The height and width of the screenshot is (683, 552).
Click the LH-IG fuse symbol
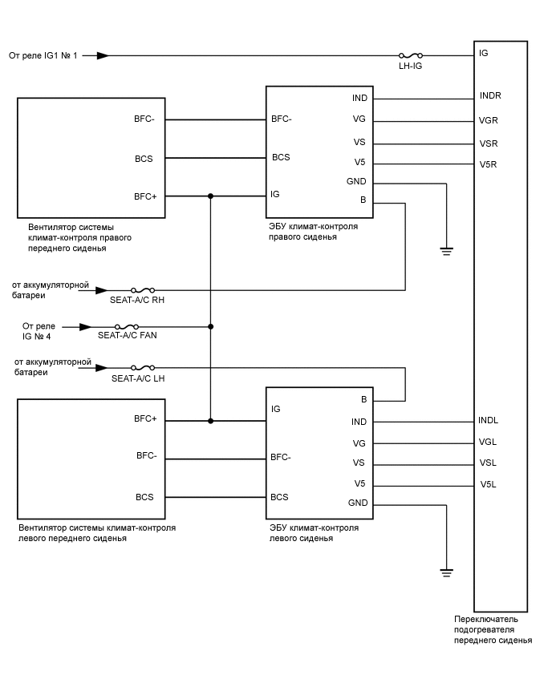point(410,55)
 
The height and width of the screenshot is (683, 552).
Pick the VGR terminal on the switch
point(489,121)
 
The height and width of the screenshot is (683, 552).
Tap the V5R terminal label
point(489,164)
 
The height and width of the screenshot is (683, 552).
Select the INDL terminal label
point(489,420)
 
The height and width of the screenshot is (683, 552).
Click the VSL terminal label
point(488,463)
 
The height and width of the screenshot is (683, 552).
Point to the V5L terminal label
point(488,485)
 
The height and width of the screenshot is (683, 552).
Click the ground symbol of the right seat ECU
point(446,251)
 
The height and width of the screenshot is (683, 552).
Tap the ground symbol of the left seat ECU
point(446,572)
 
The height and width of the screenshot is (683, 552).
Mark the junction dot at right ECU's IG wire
point(210,196)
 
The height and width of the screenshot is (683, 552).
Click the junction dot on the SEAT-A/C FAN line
point(210,326)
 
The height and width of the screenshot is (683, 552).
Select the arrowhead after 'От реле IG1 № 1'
point(102,55)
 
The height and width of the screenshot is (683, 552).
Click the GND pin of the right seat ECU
point(356,182)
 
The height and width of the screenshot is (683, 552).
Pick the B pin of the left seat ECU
point(363,398)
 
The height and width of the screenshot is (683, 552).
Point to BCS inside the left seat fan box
point(144,497)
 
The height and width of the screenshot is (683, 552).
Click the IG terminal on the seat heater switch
point(483,53)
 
